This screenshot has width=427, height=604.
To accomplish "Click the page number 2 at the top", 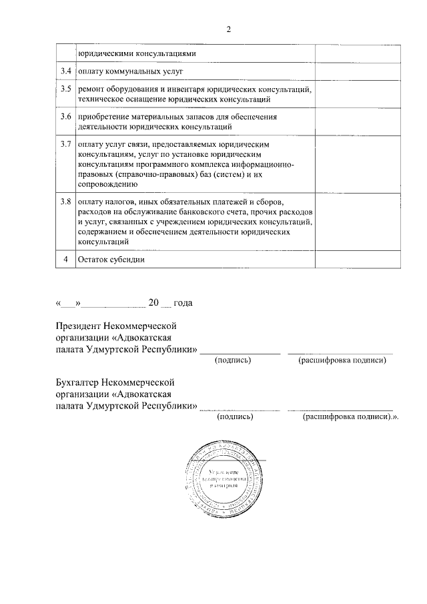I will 228,29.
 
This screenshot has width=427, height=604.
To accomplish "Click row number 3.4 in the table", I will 65,71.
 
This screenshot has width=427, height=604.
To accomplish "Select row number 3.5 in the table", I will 65,89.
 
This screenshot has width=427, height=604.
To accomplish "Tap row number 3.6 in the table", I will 65,117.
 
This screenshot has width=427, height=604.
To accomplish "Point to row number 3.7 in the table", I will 65,144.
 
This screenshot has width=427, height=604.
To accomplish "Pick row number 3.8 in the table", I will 65,201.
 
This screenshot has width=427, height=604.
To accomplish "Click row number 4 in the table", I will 65,259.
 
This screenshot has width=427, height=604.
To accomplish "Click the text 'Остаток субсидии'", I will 111,259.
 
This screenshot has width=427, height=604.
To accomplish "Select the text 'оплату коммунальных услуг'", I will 130,71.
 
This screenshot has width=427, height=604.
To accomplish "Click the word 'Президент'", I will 79,326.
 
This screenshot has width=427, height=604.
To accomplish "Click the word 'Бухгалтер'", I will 77,382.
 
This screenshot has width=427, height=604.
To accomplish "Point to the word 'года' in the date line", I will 182,303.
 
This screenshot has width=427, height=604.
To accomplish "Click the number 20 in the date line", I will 153,303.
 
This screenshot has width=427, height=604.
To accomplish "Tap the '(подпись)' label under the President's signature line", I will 232,360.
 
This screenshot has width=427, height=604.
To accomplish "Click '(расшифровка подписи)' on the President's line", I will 342,360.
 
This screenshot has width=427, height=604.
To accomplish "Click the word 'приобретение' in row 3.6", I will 104,117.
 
